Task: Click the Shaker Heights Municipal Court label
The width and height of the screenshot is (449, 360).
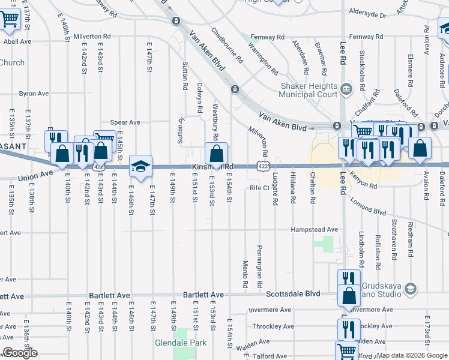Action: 309,90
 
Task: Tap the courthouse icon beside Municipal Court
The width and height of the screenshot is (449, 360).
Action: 346,90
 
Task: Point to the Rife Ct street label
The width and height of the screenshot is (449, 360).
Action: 259,188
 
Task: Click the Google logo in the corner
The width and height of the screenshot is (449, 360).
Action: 20,353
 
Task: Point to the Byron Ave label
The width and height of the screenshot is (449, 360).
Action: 34,94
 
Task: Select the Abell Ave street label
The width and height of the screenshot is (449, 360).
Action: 17,41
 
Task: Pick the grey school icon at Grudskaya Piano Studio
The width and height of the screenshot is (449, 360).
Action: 411,289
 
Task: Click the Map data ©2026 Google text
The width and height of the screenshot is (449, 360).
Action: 412,355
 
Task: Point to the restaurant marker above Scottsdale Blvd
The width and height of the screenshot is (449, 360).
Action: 348,279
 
